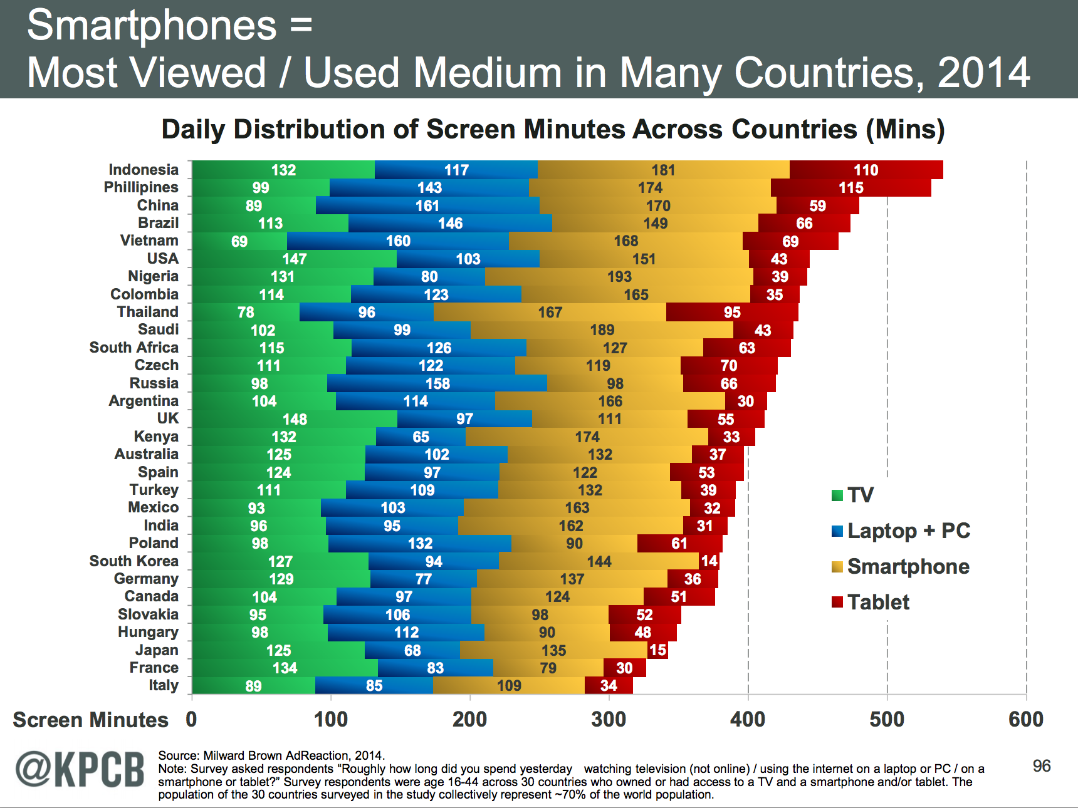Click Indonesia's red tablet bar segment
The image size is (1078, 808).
click(866, 170)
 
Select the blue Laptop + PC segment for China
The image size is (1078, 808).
click(427, 205)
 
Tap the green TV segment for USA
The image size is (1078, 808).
click(294, 259)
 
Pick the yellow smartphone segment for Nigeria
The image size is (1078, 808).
click(619, 276)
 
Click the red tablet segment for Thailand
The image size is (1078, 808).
click(732, 312)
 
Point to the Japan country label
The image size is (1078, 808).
click(157, 650)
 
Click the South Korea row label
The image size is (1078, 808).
click(133, 561)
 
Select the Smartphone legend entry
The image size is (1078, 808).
click(908, 566)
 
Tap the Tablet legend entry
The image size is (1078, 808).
click(877, 602)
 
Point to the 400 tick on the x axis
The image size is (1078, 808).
click(748, 719)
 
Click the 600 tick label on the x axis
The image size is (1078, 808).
click(1026, 719)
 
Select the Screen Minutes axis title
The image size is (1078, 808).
click(90, 720)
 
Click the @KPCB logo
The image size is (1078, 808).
click(80, 769)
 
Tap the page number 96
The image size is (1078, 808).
click(1042, 765)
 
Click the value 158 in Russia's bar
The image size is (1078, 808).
click(437, 383)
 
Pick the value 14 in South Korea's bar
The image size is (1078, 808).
click(709, 561)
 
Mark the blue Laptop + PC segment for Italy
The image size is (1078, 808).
click(374, 686)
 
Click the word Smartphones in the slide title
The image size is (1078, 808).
click(152, 26)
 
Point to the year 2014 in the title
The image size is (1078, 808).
click(983, 73)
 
